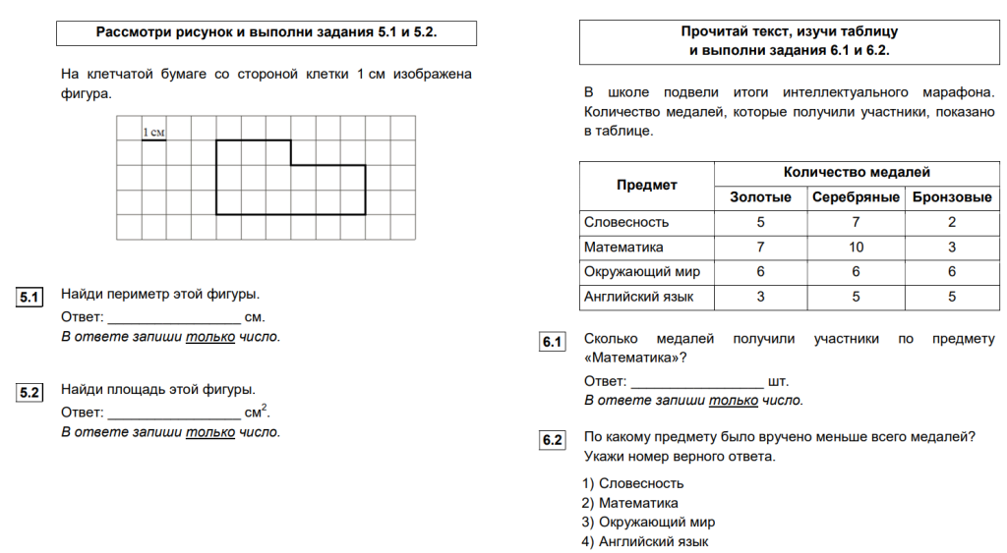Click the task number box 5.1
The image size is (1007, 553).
pyautogui.click(x=30, y=297)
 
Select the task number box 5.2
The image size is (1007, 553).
pyautogui.click(x=30, y=393)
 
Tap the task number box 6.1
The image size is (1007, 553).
pyautogui.click(x=552, y=342)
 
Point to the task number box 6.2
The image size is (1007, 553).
pyautogui.click(x=552, y=440)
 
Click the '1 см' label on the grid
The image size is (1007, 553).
pyautogui.click(x=153, y=133)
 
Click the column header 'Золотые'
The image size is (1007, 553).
pyautogui.click(x=760, y=197)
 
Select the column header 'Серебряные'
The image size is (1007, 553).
pyautogui.click(x=856, y=197)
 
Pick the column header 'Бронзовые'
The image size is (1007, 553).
pyautogui.click(x=952, y=197)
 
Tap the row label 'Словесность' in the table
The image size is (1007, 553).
pyautogui.click(x=626, y=223)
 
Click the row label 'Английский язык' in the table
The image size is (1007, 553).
pyautogui.click(x=639, y=297)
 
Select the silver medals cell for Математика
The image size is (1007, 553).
pyautogui.click(x=856, y=248)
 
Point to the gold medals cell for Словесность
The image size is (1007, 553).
pyautogui.click(x=760, y=223)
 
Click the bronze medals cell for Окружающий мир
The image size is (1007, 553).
pyautogui.click(x=952, y=272)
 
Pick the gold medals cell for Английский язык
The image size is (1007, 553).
pyautogui.click(x=760, y=297)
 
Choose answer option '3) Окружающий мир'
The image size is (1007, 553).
pyautogui.click(x=648, y=523)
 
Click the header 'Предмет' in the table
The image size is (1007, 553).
pyautogui.click(x=646, y=185)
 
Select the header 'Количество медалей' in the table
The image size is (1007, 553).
pyautogui.click(x=856, y=172)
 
